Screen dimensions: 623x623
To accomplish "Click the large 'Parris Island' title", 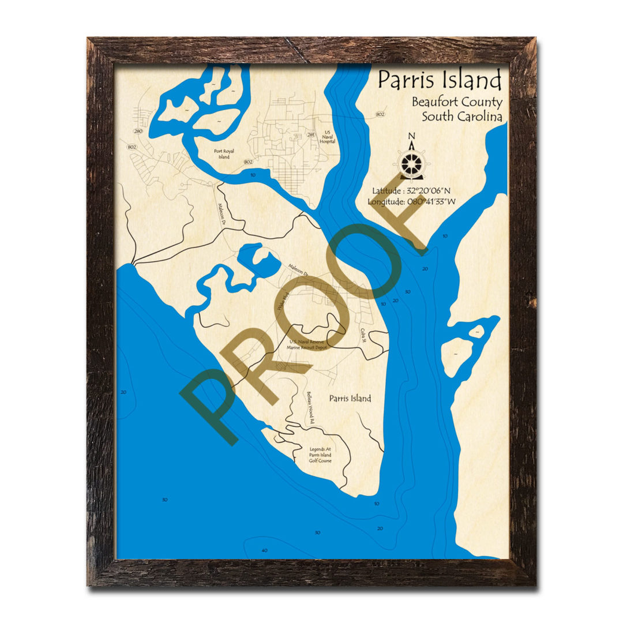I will [x=440, y=80].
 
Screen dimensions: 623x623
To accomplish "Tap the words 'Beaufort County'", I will [x=456, y=102].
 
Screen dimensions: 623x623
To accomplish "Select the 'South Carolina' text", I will [x=461, y=116].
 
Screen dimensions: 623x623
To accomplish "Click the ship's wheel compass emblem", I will [x=411, y=163].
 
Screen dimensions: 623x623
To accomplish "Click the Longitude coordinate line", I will [x=412, y=201].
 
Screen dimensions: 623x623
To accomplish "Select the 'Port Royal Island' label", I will [x=222, y=153].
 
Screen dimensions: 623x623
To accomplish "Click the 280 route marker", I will [x=138, y=131].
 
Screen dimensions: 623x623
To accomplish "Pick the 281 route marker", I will [x=311, y=135].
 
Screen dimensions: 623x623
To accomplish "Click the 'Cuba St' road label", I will [x=363, y=334].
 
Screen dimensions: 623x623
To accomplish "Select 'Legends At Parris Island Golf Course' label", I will [x=320, y=455].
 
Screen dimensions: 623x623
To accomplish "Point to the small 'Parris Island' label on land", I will [x=350, y=398].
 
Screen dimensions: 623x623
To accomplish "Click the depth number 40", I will [x=264, y=550].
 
